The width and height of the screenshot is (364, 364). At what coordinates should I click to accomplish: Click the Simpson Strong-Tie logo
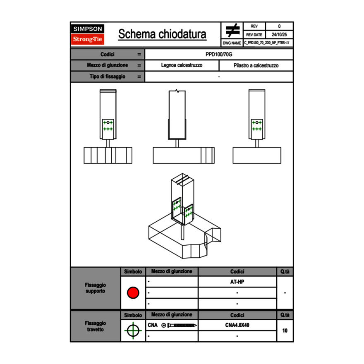point(88,34)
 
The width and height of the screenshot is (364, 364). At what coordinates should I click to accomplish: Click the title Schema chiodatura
point(162,34)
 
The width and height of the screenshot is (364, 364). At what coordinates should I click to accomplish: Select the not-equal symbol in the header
point(232,31)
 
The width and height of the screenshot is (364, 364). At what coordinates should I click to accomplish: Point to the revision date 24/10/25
point(279,35)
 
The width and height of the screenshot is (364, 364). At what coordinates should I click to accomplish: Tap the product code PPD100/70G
point(219,54)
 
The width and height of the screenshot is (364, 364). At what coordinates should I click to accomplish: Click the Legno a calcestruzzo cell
point(182,65)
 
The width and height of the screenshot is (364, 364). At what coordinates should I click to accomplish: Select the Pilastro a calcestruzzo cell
point(256,65)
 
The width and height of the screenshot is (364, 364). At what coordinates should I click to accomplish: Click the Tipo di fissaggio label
point(107,77)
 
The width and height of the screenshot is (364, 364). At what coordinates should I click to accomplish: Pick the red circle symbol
point(133,293)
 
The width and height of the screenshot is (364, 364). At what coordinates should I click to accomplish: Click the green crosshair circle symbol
point(133,330)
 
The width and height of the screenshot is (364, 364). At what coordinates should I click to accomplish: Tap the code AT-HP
point(237,282)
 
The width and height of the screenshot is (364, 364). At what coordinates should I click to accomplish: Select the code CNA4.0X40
point(237,325)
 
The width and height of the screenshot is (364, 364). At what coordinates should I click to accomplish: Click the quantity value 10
point(285,330)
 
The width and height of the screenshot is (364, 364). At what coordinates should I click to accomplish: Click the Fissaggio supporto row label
point(96,288)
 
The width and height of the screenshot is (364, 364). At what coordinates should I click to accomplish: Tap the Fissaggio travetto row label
point(96,326)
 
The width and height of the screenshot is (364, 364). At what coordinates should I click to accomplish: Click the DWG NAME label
point(232,43)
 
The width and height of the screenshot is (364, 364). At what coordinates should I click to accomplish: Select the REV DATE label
point(254,35)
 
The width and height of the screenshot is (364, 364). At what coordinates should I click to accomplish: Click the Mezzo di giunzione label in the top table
point(107,65)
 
